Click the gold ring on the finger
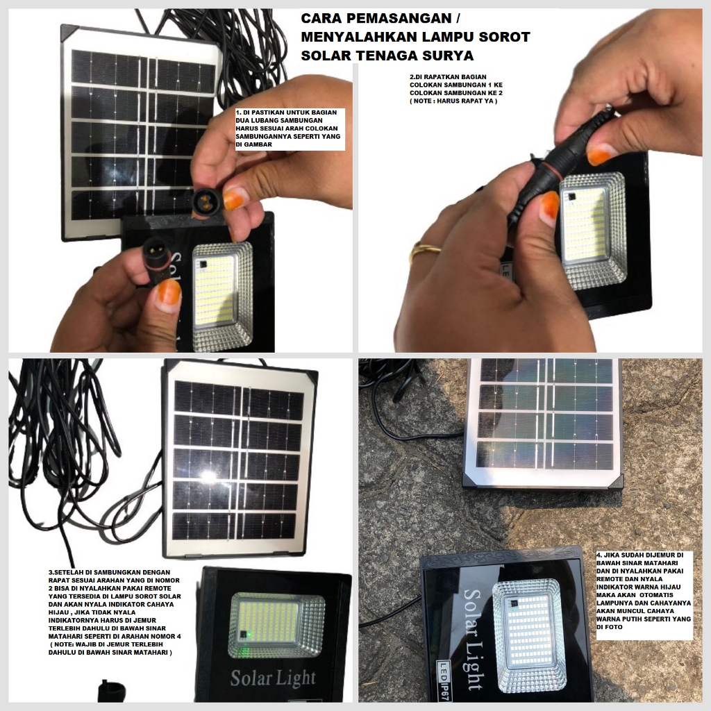(x=426, y=251)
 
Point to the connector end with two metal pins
(x=153, y=249)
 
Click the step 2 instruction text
(x=456, y=89)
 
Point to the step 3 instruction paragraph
(x=115, y=612)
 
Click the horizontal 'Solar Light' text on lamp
(x=273, y=678)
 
